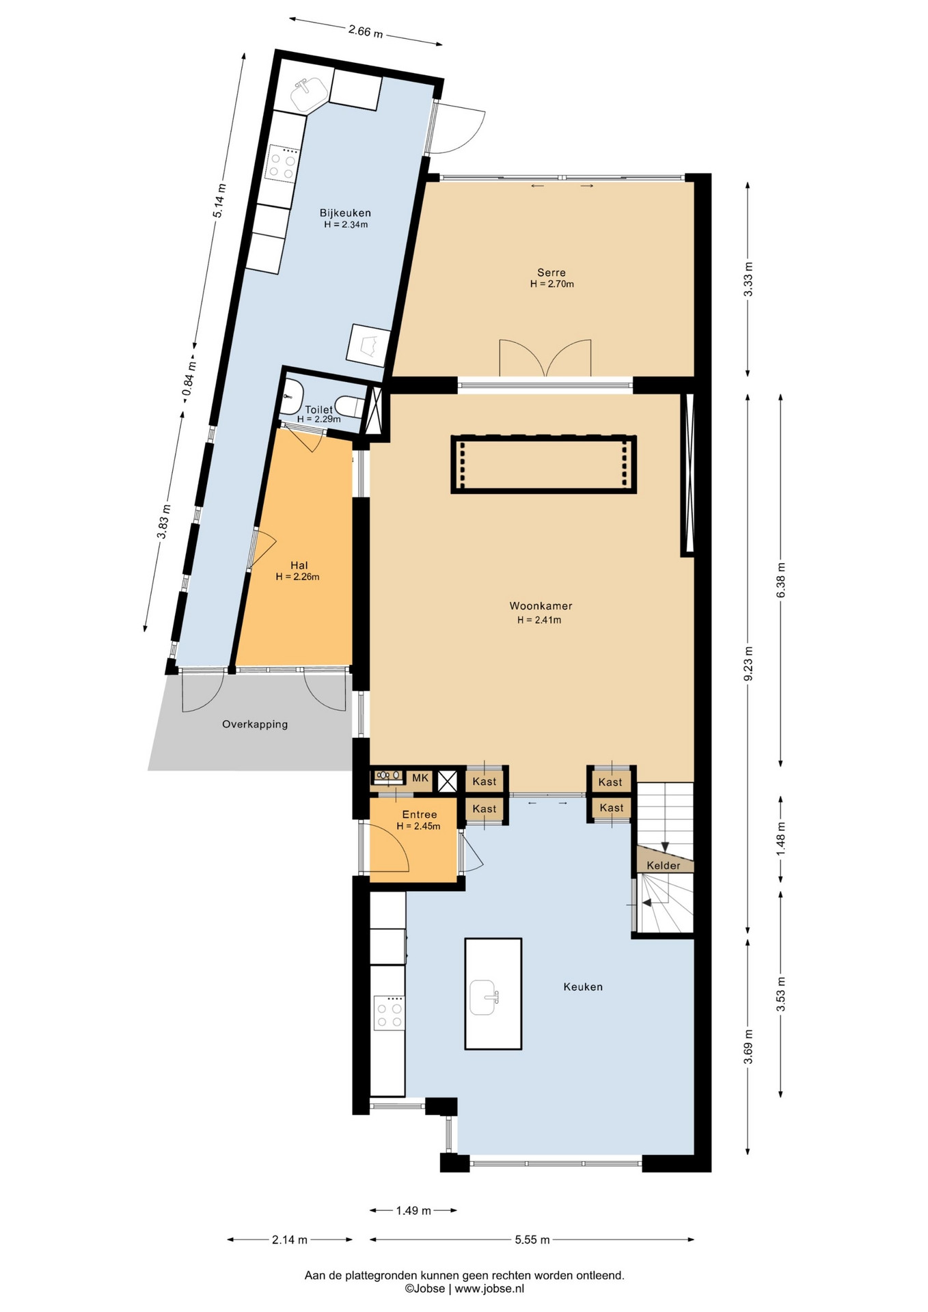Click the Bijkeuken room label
[x=345, y=213]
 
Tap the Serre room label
[x=551, y=273]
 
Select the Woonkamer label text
[x=541, y=606]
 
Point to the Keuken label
[x=583, y=987]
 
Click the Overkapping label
[x=255, y=724]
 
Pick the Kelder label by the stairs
[x=664, y=866]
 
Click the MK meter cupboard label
[x=420, y=778]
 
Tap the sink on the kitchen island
[x=485, y=997]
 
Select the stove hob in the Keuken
[x=389, y=1013]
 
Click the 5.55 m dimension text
[x=532, y=1240]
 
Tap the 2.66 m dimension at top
[x=366, y=31]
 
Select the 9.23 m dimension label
[x=748, y=664]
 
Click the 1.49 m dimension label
[x=413, y=1211]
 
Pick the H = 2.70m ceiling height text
[x=552, y=284]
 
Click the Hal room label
[x=299, y=565]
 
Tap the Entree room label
[x=420, y=815]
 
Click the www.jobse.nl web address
[x=489, y=1289]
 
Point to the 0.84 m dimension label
[x=189, y=378]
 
